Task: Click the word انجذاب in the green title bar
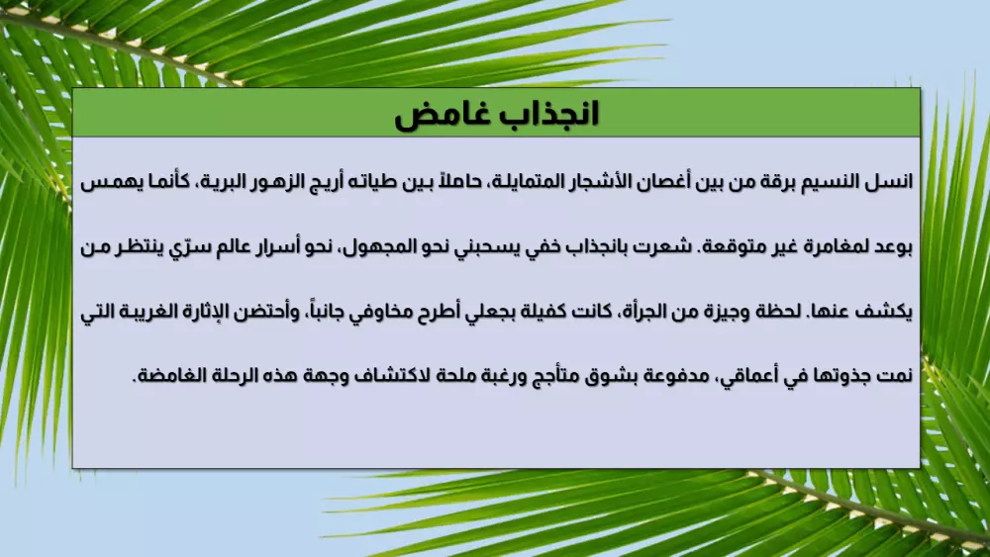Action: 544,115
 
